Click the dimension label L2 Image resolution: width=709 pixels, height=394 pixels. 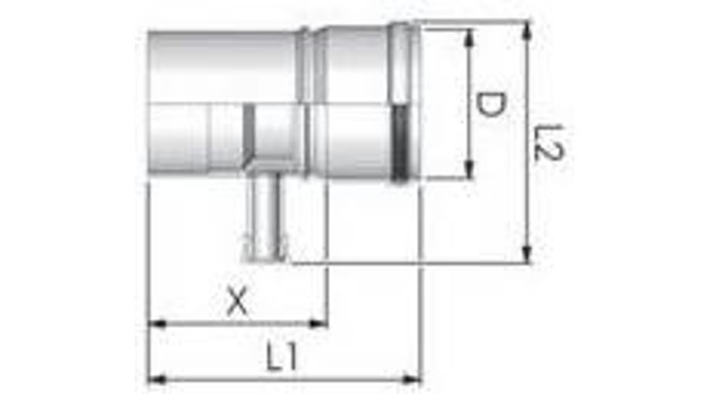point(547,142)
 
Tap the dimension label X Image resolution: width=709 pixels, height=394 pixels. point(236,302)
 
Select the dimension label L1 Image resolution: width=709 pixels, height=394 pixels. point(280,359)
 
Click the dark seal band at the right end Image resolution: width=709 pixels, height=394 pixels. point(401,142)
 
